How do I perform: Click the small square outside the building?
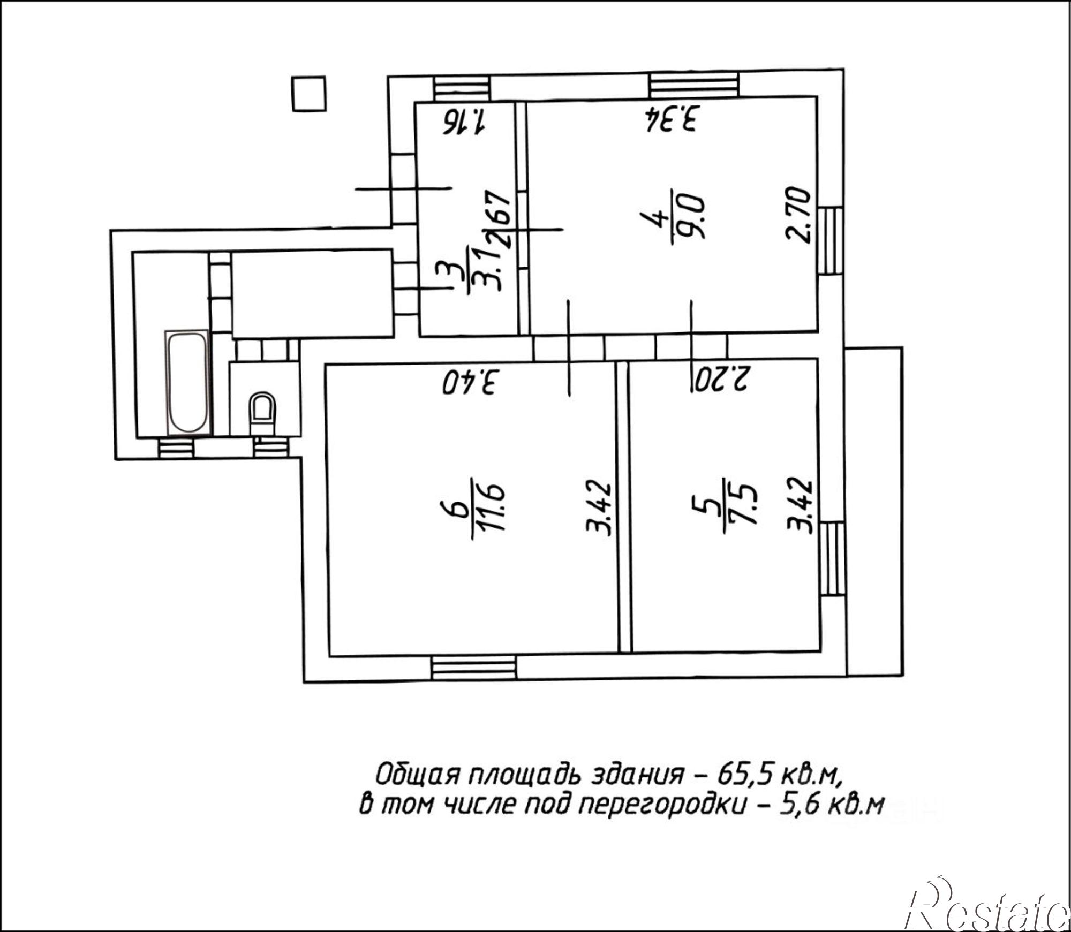309,93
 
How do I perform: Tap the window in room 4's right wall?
830,241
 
